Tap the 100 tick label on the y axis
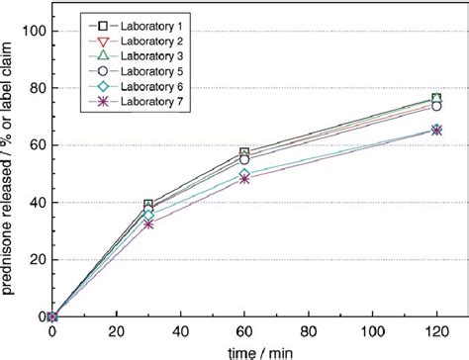tap(33, 31)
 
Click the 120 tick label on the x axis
tap(436, 331)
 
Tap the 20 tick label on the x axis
tap(116, 331)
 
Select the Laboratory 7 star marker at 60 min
tap(244, 179)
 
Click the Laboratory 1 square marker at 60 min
tap(244, 152)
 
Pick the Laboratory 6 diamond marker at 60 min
tap(244, 174)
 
